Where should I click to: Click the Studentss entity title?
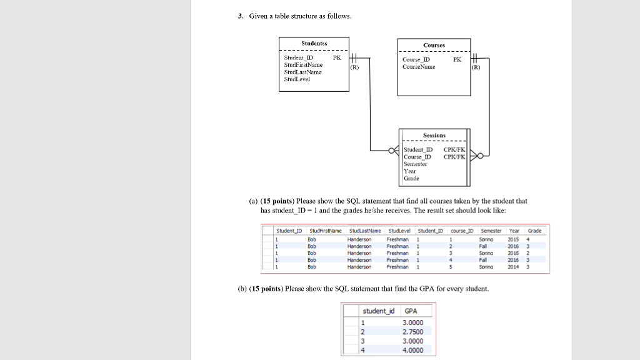click(313, 44)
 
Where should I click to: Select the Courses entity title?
click(434, 45)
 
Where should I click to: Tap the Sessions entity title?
click(434, 135)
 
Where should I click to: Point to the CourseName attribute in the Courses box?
click(419, 66)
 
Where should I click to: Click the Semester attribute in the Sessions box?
click(416, 164)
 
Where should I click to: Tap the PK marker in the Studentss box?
click(337, 57)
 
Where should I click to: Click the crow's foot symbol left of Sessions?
click(395, 150)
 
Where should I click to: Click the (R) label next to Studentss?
click(355, 66)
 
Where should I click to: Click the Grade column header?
click(534, 231)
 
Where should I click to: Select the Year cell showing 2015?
click(513, 239)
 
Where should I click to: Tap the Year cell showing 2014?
click(513, 266)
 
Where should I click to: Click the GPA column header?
click(411, 311)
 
